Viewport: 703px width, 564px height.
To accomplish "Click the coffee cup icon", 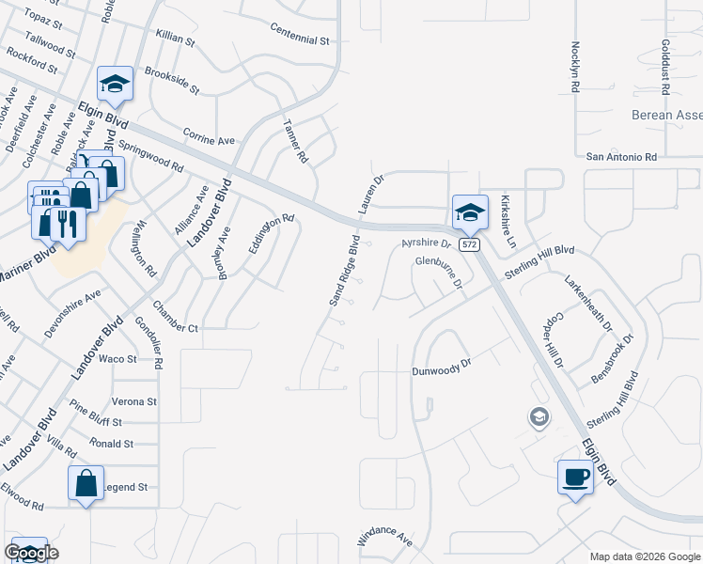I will (x=575, y=478).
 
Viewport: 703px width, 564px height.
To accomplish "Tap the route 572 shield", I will (x=470, y=244).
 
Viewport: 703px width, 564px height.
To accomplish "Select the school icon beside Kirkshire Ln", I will (x=470, y=212).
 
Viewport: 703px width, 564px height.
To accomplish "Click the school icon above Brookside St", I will (x=115, y=85).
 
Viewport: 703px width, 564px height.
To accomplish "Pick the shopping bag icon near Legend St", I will (x=86, y=483).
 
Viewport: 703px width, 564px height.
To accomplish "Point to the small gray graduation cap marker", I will (x=539, y=416).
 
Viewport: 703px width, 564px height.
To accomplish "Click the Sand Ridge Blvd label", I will (x=345, y=272).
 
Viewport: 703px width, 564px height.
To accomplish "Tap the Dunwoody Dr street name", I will (x=440, y=371).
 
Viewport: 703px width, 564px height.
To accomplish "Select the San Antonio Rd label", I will (x=621, y=157).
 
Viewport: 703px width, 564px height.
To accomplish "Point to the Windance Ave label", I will (x=384, y=540).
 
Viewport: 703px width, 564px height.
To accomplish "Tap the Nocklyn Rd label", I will (x=572, y=66).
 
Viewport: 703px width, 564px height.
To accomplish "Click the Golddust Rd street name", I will (x=664, y=66).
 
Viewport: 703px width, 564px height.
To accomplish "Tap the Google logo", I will (x=31, y=553).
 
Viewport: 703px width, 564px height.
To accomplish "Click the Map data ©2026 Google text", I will (x=645, y=556).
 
